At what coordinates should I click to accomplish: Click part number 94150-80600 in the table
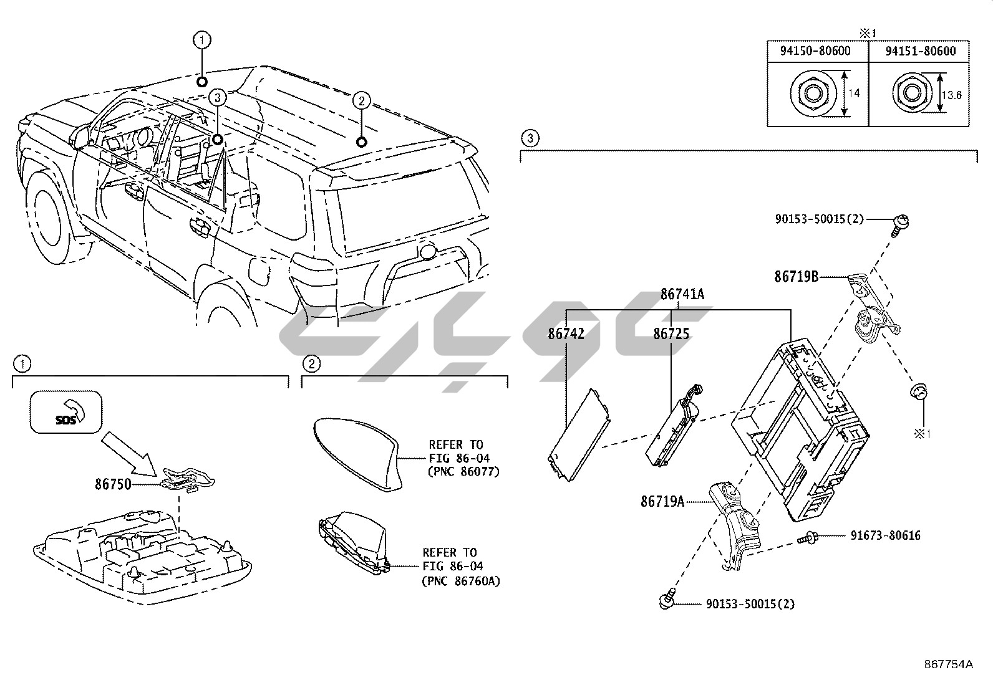coord(815,51)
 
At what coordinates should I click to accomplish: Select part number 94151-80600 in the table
coord(920,51)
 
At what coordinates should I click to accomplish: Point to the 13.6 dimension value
coord(952,95)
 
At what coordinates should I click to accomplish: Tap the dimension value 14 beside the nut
coord(854,93)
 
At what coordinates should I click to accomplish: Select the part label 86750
coord(113,483)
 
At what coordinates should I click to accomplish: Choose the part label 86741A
coord(682,294)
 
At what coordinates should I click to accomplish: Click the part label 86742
coord(566,334)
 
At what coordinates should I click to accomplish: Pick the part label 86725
coord(671,334)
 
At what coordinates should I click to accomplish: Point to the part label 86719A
coord(662,501)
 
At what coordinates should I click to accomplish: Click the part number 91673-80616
coord(885,535)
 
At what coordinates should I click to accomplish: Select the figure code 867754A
coord(948,664)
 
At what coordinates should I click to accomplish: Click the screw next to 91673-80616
coord(807,536)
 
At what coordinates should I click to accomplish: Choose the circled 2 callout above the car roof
coord(361,100)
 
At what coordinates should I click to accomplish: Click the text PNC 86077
coord(464,472)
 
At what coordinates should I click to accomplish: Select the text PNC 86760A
coord(461,581)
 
